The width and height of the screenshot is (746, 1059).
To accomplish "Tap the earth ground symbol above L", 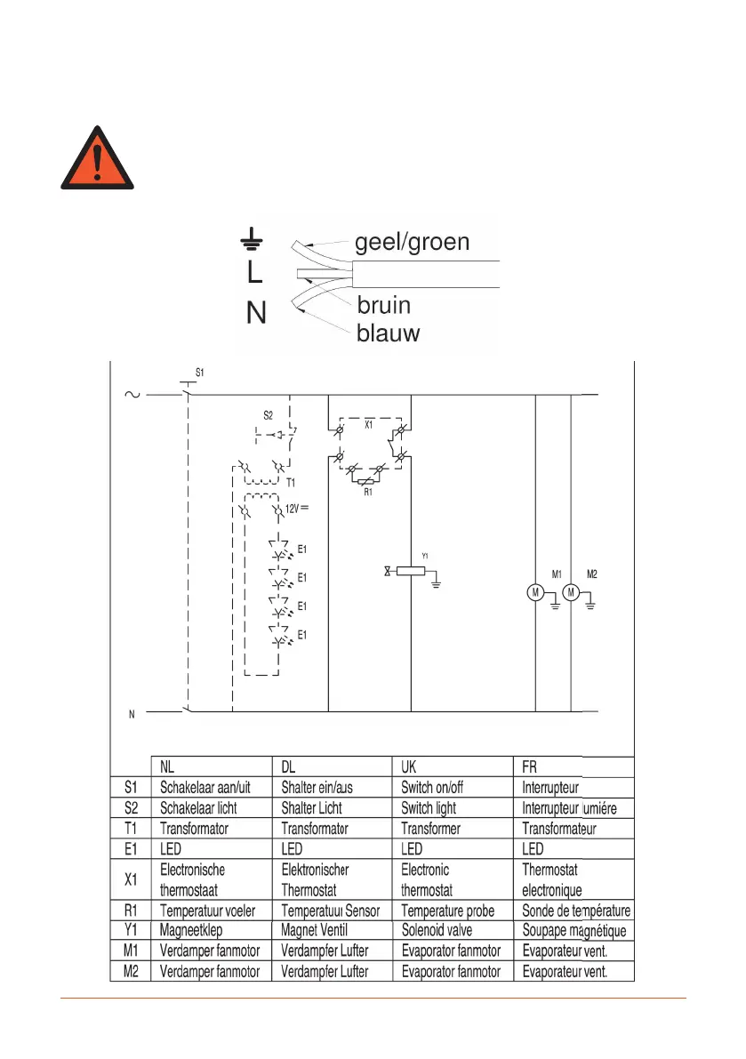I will point(253,237).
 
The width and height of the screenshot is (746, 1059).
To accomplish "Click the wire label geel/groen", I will point(412,242).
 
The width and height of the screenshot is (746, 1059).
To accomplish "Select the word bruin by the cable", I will point(384,306).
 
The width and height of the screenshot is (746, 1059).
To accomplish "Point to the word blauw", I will point(389,334).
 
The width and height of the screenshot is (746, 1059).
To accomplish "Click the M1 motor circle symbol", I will point(535,592).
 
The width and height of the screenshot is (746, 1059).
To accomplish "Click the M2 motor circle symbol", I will point(572,592).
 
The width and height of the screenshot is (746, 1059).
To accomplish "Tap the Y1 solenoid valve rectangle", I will point(410,572).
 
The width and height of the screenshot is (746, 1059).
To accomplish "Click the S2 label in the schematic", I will point(269,414).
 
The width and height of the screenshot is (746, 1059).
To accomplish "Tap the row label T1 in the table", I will point(130,829).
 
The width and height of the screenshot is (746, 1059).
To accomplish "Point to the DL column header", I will point(290,766).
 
